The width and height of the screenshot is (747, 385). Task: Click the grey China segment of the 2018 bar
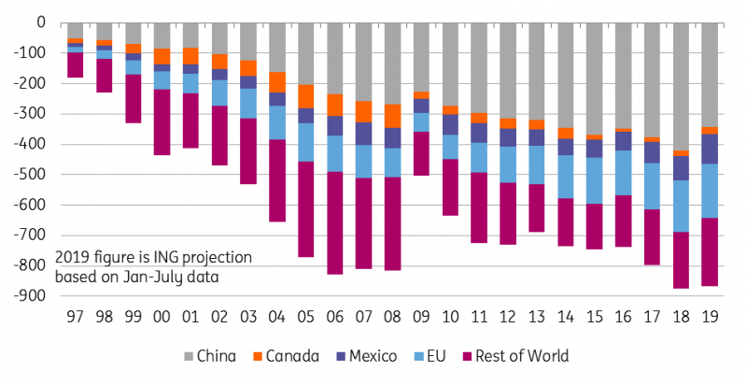681,86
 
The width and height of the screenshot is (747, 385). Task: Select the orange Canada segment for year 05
306,97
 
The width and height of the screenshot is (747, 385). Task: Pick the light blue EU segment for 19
710,191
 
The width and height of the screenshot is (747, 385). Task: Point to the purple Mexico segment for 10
450,124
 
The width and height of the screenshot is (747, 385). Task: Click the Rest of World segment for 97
76,64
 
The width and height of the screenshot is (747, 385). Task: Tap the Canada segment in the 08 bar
392,116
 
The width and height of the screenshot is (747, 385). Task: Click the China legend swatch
189,356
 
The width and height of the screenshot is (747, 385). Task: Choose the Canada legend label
292,356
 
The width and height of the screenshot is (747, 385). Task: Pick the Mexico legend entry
366,356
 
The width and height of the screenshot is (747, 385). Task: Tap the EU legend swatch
419,356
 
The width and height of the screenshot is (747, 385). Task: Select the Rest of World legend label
522,356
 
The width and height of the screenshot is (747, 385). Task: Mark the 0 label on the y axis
41,22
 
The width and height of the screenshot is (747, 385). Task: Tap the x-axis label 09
421,317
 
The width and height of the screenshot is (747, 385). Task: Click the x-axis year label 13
536,317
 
